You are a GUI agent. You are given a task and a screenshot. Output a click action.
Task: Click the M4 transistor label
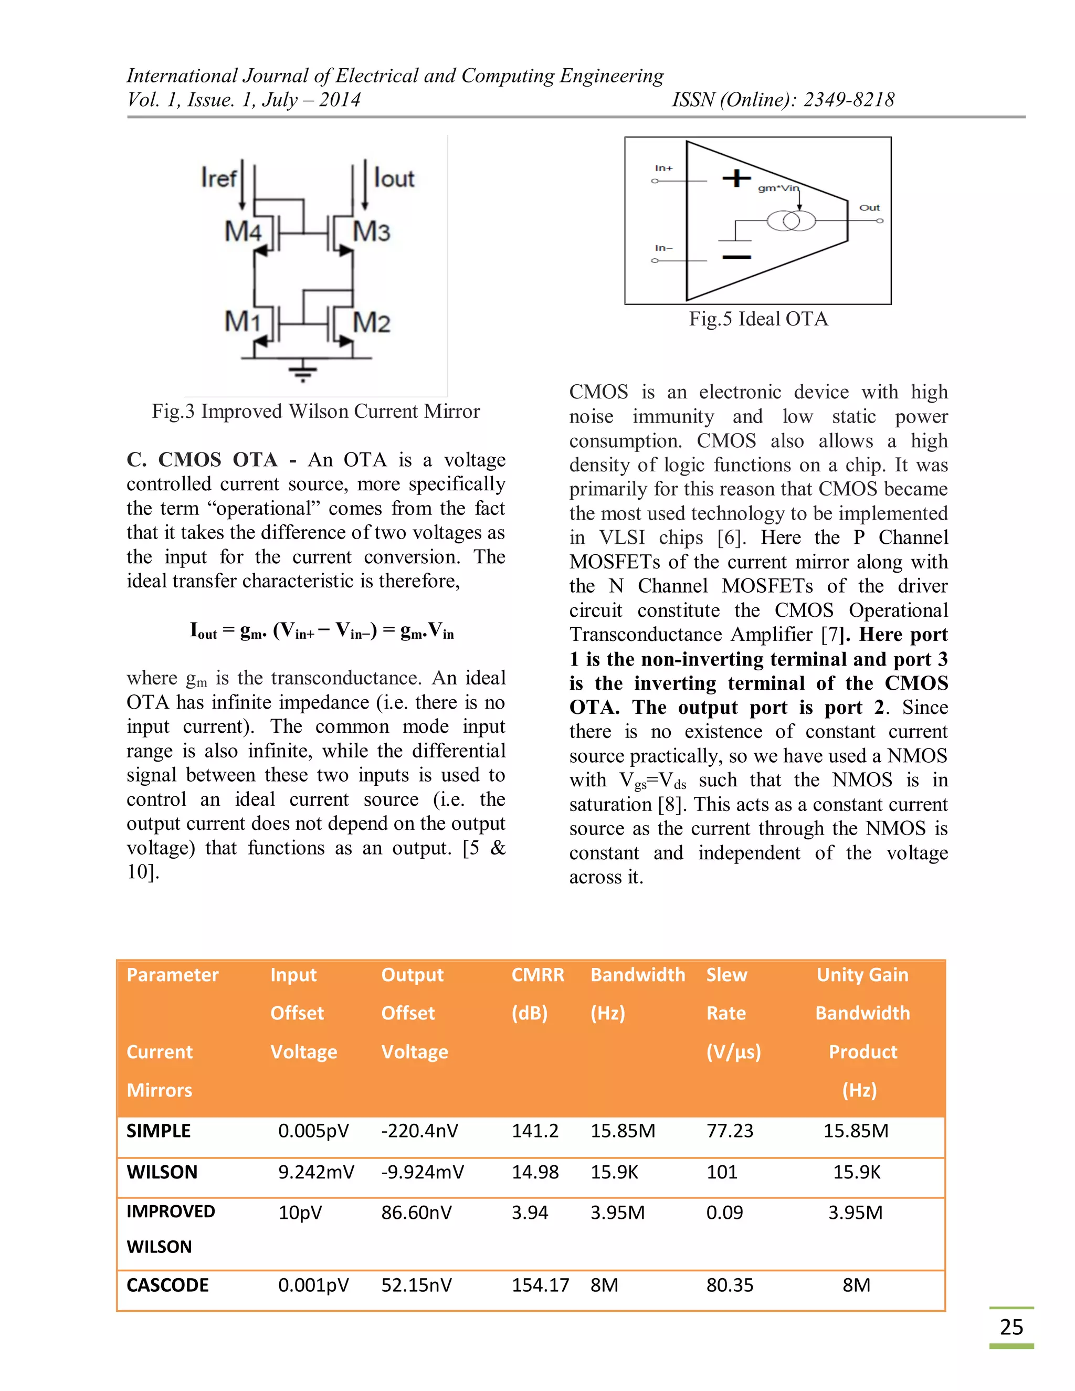242,231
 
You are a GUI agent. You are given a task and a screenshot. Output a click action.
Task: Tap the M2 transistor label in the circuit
372,323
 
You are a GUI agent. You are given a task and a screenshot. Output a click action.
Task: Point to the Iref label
218,178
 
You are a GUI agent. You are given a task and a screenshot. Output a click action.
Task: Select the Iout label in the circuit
394,178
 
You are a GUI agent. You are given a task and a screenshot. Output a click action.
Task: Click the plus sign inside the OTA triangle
736,178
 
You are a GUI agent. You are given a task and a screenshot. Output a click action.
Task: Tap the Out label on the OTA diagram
869,208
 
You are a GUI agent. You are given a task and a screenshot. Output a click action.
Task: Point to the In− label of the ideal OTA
663,248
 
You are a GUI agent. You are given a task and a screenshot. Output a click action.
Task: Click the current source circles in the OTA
791,221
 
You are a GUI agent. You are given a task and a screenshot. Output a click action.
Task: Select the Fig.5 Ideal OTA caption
758,319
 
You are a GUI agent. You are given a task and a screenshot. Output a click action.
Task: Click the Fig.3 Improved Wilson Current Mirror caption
315,412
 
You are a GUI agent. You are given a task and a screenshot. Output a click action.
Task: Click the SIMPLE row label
159,1131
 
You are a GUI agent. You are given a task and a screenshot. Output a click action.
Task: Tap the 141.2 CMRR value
535,1131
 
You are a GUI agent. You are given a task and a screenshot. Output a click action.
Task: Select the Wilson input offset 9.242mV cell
316,1173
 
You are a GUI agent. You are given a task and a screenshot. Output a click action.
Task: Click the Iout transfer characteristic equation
322,631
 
